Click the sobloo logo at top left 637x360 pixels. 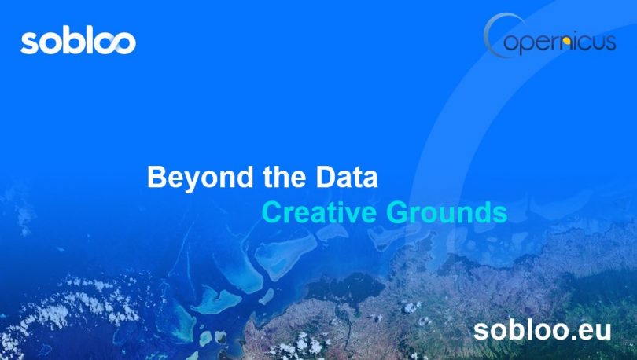click(x=78, y=40)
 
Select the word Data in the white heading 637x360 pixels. click(x=347, y=177)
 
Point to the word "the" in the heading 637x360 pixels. click(x=285, y=177)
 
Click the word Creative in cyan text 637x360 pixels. click(x=319, y=212)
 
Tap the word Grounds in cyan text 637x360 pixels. click(x=447, y=212)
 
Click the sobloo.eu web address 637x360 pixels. click(x=543, y=330)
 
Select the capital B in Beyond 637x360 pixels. click(x=157, y=177)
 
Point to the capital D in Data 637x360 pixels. click(x=326, y=177)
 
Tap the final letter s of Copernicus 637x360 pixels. click(x=610, y=42)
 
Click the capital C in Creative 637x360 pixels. click(x=272, y=212)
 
